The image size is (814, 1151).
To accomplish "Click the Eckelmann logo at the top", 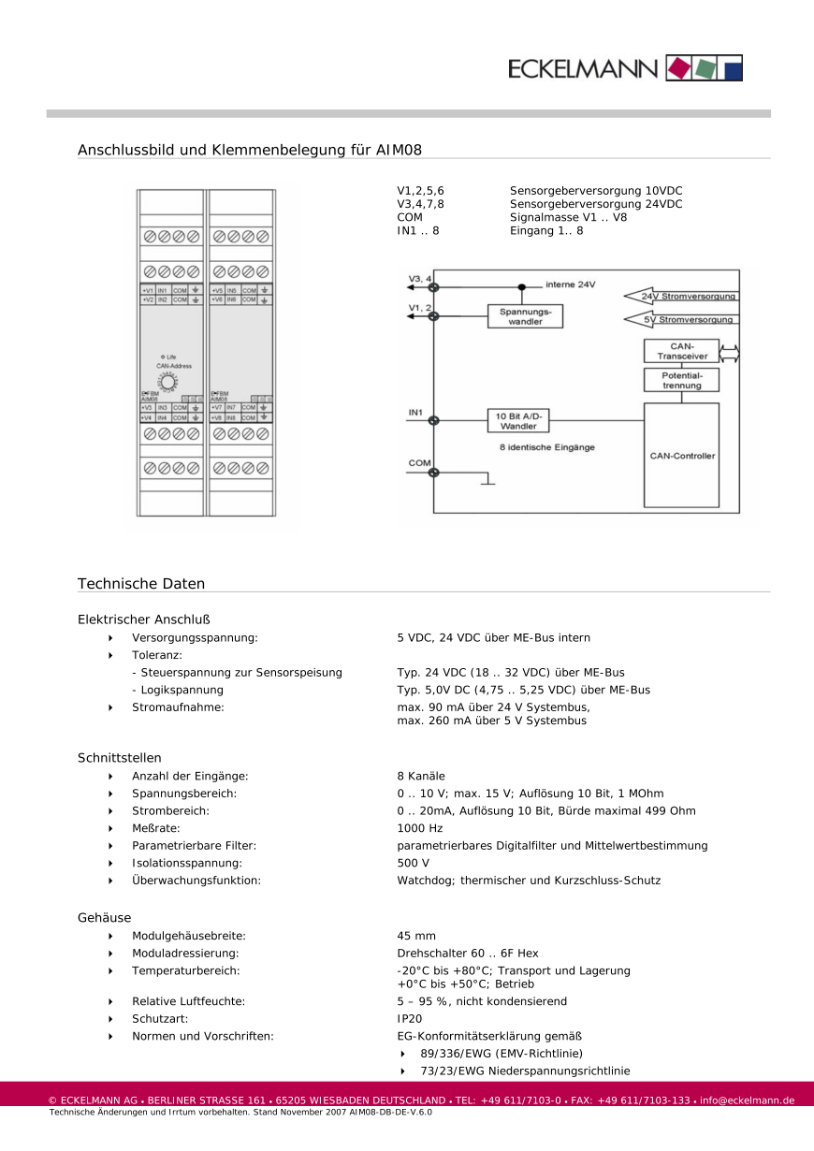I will point(625,67).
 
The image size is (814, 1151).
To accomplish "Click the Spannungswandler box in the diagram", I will point(526,316).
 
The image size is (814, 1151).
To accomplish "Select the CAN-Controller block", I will point(682,456).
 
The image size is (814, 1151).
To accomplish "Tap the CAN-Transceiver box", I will point(682,351).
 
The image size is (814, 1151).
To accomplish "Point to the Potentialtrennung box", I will point(682,380).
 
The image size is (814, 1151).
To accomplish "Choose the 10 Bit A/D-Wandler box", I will point(517,420).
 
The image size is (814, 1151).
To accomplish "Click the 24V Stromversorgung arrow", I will point(680,296).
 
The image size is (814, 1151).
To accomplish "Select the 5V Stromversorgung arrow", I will point(680,320).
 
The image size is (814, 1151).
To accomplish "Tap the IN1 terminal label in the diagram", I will point(416,412).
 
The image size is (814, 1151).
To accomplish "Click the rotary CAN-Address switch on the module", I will point(168,383).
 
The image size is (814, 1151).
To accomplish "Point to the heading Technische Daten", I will point(141,584).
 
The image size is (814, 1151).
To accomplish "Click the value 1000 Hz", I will point(420,828).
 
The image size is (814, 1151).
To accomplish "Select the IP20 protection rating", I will point(409,1018).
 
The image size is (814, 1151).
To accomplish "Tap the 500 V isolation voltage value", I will point(414,863).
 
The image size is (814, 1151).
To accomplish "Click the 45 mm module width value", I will point(416,936).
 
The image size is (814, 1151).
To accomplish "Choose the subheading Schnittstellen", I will point(120,758).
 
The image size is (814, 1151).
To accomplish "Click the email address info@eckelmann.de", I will point(747,1100).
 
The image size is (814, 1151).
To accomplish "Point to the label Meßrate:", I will point(155,828).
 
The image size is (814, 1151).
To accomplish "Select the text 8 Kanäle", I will point(421,776).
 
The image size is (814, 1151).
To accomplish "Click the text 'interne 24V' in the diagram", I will point(570,284).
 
